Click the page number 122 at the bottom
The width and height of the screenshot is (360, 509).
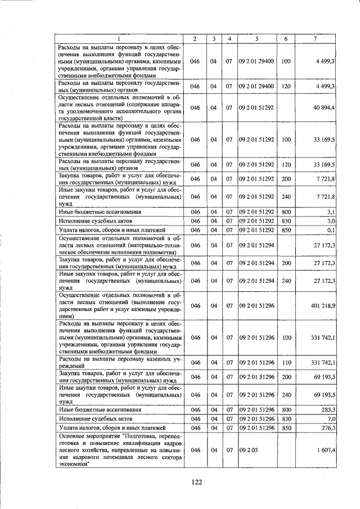pyautogui.click(x=197, y=481)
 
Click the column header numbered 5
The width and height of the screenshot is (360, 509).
pyautogui.click(x=256, y=38)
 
